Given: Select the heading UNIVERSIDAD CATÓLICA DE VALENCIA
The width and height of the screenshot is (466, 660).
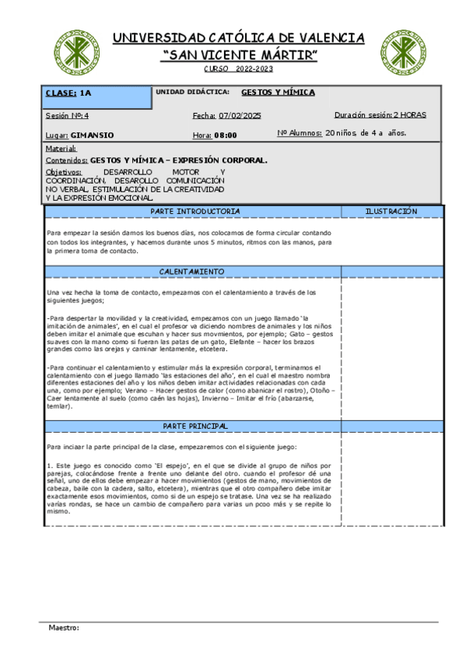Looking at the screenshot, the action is coord(239,38).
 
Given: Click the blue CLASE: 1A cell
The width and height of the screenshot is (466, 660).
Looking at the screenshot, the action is coord(97,97).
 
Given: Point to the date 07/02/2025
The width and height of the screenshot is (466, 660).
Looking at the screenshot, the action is coord(240,116).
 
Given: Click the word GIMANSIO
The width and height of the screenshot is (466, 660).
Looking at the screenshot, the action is coord(92,135).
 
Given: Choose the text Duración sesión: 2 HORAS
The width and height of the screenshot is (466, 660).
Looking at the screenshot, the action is coord(380,114).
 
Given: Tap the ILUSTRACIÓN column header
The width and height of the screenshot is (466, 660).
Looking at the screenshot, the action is coord(391,212).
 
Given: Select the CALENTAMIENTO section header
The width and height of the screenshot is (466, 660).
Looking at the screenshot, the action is coord(192,272).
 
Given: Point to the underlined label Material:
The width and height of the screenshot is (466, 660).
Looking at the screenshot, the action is coord(61,148).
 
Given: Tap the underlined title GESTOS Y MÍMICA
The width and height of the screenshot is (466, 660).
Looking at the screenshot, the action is coord(278,92).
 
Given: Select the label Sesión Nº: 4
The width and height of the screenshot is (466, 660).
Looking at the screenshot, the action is coord(68,115).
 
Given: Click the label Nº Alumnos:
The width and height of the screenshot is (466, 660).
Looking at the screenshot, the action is coord(300,133).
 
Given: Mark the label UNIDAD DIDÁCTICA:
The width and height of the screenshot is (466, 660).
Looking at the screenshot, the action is coord(192,92).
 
